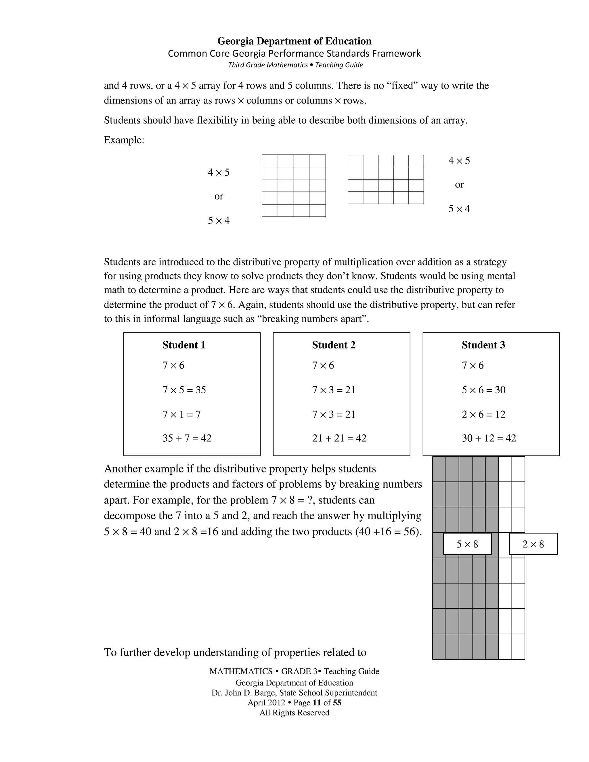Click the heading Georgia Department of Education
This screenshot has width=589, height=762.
294,41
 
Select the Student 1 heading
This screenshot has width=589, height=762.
184,345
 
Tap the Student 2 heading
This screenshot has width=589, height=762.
334,345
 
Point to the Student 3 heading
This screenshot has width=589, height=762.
483,345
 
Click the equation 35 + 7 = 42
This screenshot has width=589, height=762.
187,438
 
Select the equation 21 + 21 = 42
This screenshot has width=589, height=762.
339,438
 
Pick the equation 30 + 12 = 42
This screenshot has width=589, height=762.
489,438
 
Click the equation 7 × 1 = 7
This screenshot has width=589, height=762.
181,414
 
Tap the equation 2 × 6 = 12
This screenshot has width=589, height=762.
484,414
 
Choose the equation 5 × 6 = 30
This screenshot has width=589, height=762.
484,390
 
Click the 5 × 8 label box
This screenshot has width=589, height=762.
467,544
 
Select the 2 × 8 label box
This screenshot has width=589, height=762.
533,544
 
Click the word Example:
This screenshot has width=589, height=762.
124,140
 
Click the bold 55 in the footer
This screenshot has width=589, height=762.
337,703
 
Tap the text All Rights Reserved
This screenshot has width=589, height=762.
294,713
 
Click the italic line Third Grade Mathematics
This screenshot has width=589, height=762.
268,65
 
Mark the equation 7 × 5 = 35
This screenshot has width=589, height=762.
184,390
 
